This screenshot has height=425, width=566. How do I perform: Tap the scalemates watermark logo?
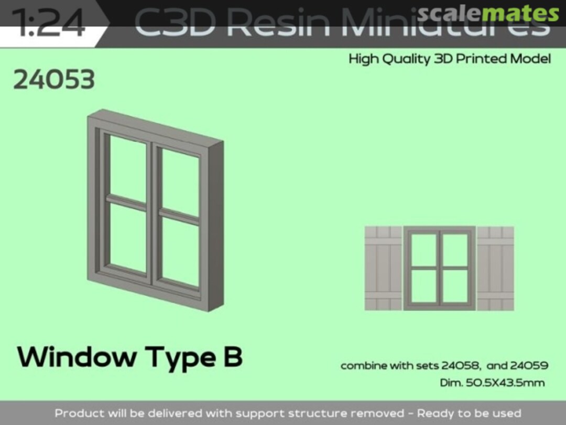[488, 13]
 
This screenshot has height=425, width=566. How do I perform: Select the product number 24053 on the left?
[54, 80]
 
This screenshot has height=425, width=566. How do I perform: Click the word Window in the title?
[77, 357]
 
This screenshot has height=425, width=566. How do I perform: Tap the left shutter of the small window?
[383, 268]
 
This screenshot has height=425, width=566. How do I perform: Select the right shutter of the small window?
[495, 268]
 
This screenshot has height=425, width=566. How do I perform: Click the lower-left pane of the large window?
[127, 238]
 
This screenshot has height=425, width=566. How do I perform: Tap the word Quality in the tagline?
[406, 59]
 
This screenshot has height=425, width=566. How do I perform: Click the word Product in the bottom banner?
[79, 413]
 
